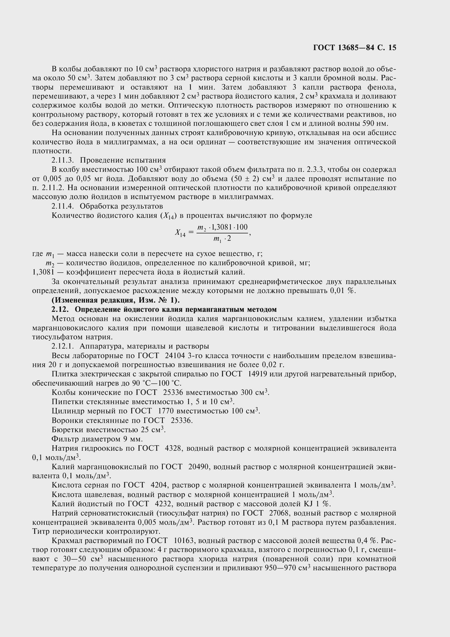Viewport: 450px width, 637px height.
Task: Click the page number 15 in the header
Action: click(x=392, y=48)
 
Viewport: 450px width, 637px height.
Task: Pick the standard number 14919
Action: click(x=258, y=374)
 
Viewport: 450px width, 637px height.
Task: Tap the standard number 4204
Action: click(x=160, y=485)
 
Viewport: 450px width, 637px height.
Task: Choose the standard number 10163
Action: click(x=183, y=540)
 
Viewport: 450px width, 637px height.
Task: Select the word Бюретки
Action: click(x=67, y=430)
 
